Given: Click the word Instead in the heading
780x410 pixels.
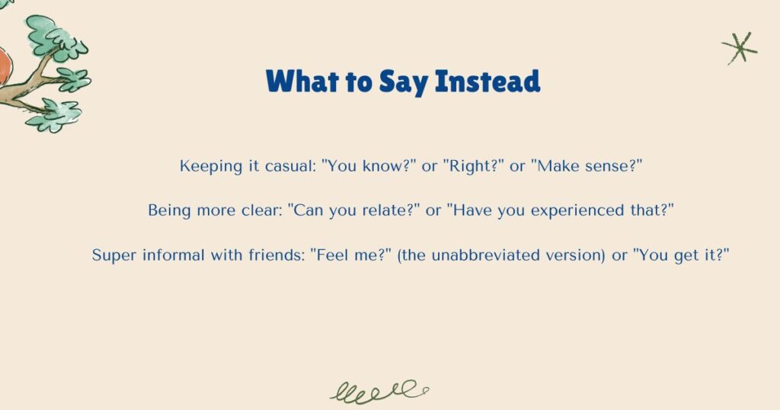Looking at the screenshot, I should pyautogui.click(x=487, y=81).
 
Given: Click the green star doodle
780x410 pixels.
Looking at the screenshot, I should pyautogui.click(x=740, y=48).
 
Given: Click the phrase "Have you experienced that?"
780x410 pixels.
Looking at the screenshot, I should pyautogui.click(x=561, y=211).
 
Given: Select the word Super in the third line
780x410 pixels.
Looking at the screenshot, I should pyautogui.click(x=113, y=255).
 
